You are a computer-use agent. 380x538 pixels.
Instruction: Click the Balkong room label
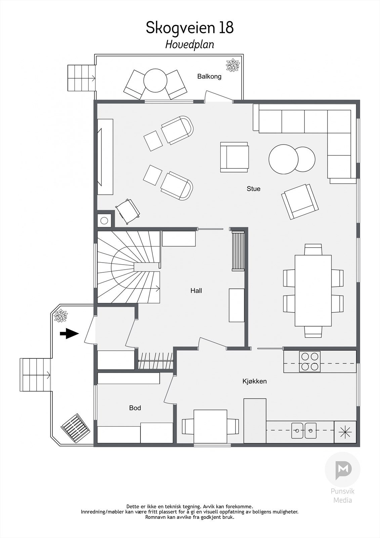point(209,76)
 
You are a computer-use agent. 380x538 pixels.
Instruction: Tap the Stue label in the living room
point(253,189)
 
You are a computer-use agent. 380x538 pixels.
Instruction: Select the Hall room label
point(196,291)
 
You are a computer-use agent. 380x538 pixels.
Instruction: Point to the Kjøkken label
point(254,381)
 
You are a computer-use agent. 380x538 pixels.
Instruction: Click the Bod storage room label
point(135,408)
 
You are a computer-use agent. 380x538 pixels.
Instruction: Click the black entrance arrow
point(69,334)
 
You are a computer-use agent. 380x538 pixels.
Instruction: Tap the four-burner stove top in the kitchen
point(309,361)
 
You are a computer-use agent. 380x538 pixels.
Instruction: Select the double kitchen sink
point(304,430)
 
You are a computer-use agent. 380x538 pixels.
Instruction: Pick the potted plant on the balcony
point(233,65)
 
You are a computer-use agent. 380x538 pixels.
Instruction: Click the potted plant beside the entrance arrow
point(60,316)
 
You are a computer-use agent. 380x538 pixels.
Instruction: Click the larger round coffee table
point(283,159)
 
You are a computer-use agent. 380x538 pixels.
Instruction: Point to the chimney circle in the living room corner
point(104,221)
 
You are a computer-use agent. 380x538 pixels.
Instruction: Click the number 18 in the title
point(226,28)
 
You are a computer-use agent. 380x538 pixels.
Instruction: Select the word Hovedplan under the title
point(189,44)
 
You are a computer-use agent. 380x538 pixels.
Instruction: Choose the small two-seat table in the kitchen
point(210,426)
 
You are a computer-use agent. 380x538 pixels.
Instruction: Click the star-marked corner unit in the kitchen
point(345,431)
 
